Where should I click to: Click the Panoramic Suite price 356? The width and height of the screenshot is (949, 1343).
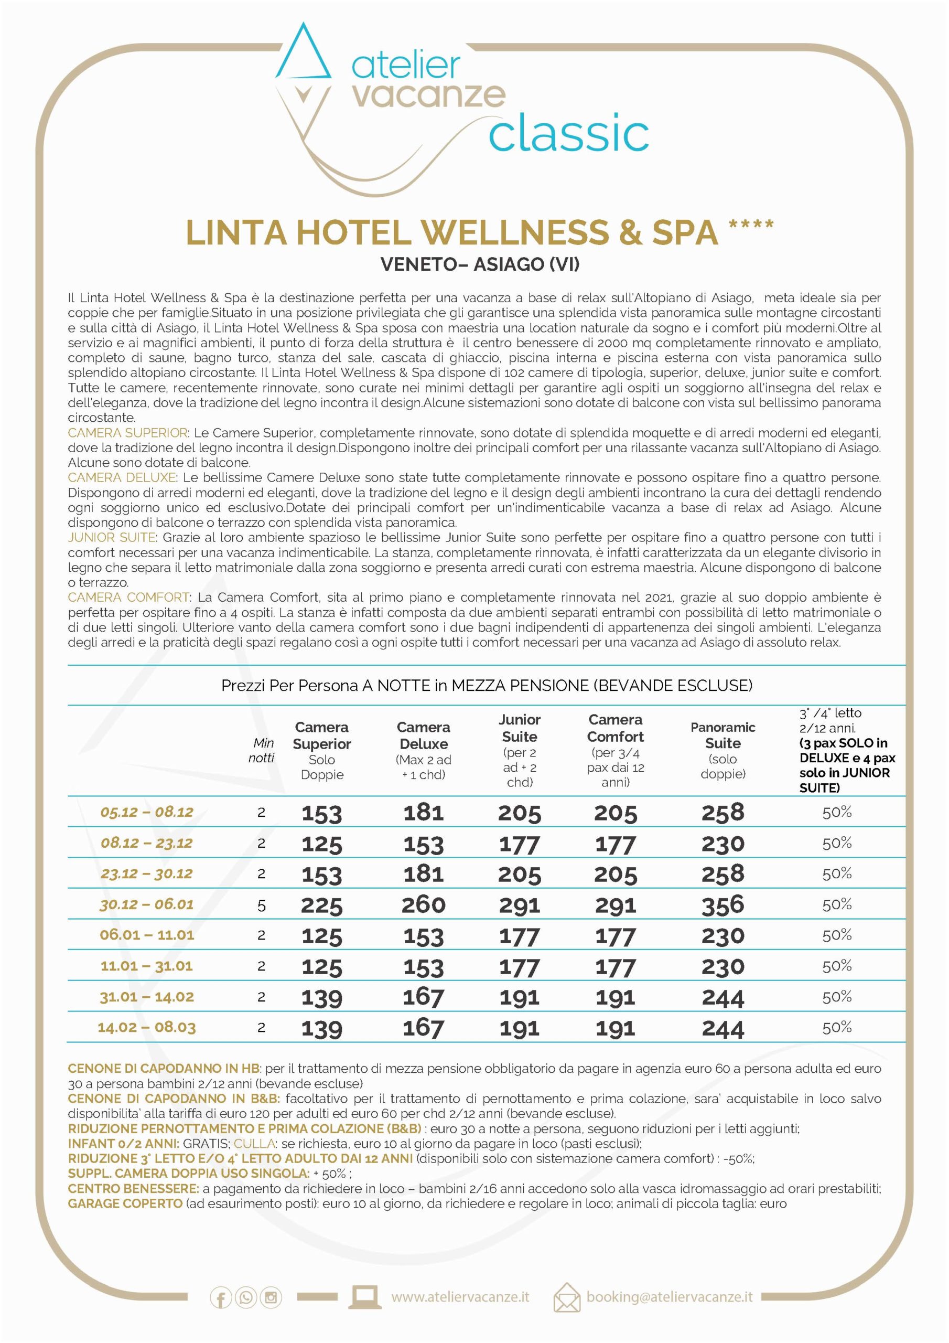[x=722, y=905]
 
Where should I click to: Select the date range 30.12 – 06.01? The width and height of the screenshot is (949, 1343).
[x=146, y=904]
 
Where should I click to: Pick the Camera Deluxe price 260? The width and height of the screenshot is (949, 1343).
[x=423, y=905]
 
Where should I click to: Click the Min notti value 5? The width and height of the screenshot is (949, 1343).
[x=262, y=905]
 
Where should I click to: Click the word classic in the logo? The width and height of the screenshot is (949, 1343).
[x=568, y=133]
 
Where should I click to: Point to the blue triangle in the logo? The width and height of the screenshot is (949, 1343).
[x=303, y=54]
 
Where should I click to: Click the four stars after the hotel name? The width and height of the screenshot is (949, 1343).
[x=751, y=225]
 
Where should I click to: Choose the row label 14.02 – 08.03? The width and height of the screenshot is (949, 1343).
[x=146, y=1028]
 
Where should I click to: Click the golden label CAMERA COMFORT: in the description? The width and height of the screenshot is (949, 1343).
[x=128, y=597]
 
